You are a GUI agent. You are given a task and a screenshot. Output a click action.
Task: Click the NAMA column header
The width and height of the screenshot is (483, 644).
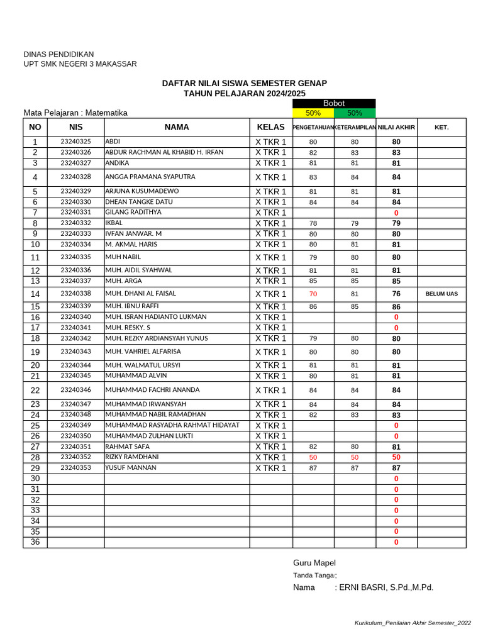click(177, 127)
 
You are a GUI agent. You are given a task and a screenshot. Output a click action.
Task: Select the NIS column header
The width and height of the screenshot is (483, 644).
click(75, 127)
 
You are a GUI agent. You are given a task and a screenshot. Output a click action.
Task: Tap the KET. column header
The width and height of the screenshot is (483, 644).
click(441, 127)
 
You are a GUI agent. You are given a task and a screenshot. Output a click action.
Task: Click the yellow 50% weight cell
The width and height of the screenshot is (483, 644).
click(313, 113)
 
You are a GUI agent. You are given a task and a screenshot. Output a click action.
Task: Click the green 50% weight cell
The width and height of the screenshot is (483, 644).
click(355, 113)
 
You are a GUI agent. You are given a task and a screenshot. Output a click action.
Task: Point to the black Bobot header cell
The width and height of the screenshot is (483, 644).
click(334, 103)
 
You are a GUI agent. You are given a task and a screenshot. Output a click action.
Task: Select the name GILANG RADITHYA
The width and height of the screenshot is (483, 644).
click(133, 213)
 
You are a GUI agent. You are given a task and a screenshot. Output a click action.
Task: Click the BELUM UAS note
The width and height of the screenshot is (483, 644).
click(441, 294)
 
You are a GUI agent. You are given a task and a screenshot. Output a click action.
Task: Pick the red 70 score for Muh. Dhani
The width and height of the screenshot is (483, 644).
click(313, 294)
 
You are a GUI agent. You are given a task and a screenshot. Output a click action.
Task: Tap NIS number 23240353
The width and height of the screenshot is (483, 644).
click(75, 468)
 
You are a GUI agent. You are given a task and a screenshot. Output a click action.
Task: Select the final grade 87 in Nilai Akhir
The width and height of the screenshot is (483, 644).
click(396, 469)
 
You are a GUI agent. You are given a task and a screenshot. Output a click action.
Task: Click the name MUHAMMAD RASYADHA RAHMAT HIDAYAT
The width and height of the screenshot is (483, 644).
click(172, 425)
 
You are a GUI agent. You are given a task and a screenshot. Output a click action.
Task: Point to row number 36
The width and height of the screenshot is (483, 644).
click(35, 542)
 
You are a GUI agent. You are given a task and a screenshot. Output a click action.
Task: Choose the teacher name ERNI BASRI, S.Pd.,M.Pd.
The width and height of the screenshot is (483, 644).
click(386, 587)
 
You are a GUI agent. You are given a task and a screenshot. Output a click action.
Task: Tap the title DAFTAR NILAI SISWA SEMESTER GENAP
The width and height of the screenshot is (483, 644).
click(244, 83)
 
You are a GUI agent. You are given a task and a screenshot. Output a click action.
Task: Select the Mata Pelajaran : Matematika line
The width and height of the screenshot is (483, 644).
click(75, 113)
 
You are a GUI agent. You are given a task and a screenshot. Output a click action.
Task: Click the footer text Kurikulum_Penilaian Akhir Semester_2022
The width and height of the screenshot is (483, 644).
click(413, 623)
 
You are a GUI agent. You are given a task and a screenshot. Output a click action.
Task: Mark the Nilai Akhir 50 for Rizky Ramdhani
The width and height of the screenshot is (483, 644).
click(396, 457)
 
